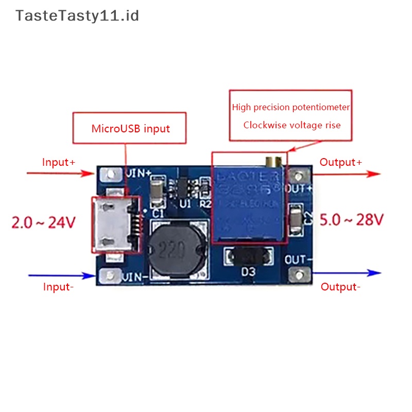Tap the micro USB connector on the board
(115, 225)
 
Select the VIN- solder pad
(110, 277)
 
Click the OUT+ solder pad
(296, 175)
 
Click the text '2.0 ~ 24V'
(43, 222)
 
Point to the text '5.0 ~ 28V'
(352, 220)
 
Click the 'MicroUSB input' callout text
(130, 128)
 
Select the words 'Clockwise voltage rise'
(292, 125)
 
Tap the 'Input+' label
(59, 162)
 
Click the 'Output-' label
(340, 287)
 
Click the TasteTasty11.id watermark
(77, 16)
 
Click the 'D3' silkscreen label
(248, 272)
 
